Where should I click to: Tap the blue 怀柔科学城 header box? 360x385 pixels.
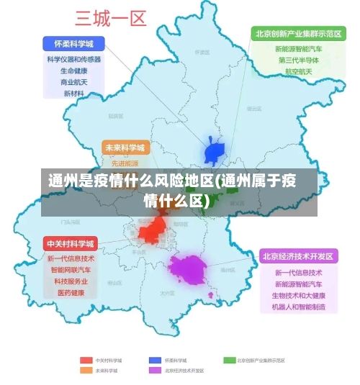tap(73, 42)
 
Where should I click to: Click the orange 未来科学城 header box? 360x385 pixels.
tap(125, 148)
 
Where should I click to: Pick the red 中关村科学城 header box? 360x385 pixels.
tap(71, 243)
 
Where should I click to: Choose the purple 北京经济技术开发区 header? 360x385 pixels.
tap(298, 256)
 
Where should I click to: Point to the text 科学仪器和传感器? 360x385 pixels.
tap(73, 60)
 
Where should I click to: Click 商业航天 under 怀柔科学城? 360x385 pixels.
tap(73, 82)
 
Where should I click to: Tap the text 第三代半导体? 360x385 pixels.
tap(298, 60)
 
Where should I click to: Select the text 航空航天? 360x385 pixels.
tap(298, 72)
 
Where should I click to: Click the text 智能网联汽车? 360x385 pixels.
tap(71, 270)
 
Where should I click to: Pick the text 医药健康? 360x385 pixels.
tap(71, 293)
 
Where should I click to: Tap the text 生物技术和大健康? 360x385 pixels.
tap(298, 296)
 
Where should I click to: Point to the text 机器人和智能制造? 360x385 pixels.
tap(298, 307)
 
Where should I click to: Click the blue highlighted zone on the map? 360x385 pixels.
tap(215, 152)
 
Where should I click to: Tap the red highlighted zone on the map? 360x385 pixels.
tap(153, 231)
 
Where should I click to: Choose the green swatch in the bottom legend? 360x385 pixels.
tap(230, 360)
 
